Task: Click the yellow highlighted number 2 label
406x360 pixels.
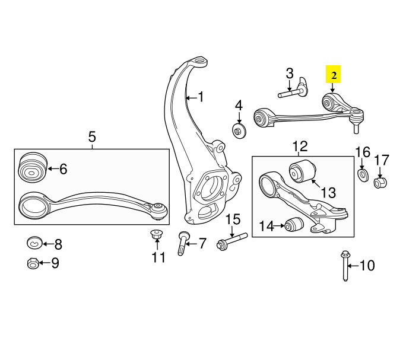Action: point(334,75)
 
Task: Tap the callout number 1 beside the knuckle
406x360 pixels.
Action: point(201,97)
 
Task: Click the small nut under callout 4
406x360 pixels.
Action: point(239,130)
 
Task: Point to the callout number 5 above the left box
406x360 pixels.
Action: point(92,138)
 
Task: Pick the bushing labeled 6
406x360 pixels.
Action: point(33,168)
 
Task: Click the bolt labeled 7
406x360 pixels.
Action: point(183,243)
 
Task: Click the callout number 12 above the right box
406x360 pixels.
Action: point(300,145)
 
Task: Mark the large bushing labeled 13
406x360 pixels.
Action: point(302,171)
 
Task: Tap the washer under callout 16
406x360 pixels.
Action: point(362,175)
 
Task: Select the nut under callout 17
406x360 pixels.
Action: point(380,181)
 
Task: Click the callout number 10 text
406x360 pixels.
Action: point(367,266)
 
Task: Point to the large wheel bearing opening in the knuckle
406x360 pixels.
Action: point(209,186)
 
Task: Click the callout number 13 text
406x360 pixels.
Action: point(328,192)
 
